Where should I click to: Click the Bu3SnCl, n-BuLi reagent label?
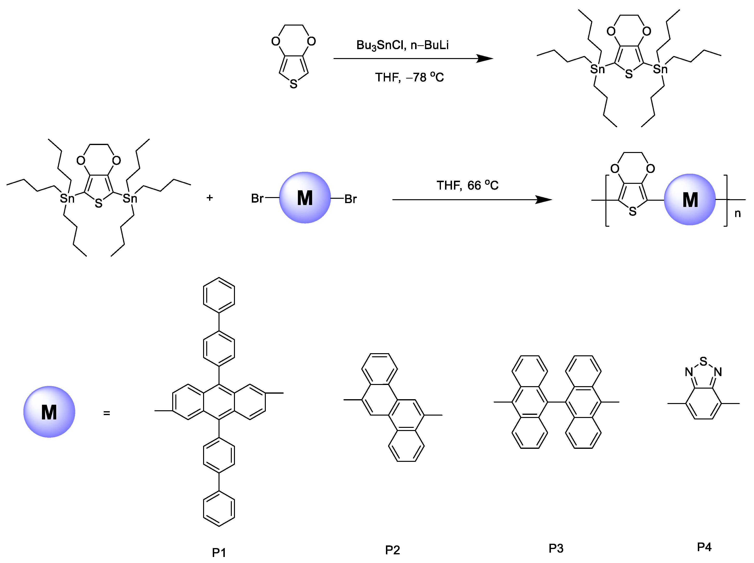[402, 45]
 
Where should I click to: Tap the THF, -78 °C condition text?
[409, 77]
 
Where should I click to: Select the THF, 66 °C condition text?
[467, 185]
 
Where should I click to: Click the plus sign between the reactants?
[210, 198]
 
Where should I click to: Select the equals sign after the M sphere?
[107, 413]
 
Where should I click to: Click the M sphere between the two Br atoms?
[305, 198]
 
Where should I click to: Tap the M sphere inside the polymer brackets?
[690, 199]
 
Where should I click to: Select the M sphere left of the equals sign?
[49, 412]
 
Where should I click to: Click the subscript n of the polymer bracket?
[737, 213]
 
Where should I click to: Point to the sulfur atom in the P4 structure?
[703, 361]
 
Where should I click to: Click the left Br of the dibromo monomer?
[257, 199]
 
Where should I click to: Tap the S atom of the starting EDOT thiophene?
[293, 84]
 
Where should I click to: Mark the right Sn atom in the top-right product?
[660, 69]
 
